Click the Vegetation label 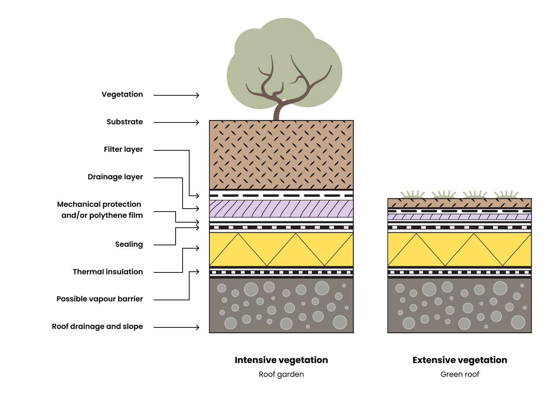pyautogui.click(x=122, y=95)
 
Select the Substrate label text pyautogui.click(x=125, y=122)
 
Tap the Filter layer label pyautogui.click(x=123, y=150)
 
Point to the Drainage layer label pyautogui.click(x=115, y=177)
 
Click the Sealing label pyautogui.click(x=129, y=245)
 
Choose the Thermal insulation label pyautogui.click(x=108, y=272)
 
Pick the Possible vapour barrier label pyautogui.click(x=100, y=299)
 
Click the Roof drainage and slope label pyautogui.click(x=97, y=327)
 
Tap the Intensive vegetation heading pyautogui.click(x=281, y=360)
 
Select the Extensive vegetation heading pyautogui.click(x=460, y=360)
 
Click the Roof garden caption pyautogui.click(x=281, y=374)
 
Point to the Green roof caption pyautogui.click(x=460, y=374)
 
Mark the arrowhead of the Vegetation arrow pyautogui.click(x=197, y=95)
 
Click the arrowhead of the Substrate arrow pyautogui.click(x=197, y=122)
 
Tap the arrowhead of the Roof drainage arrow pyautogui.click(x=197, y=327)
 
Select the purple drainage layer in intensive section pyautogui.click(x=281, y=209)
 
